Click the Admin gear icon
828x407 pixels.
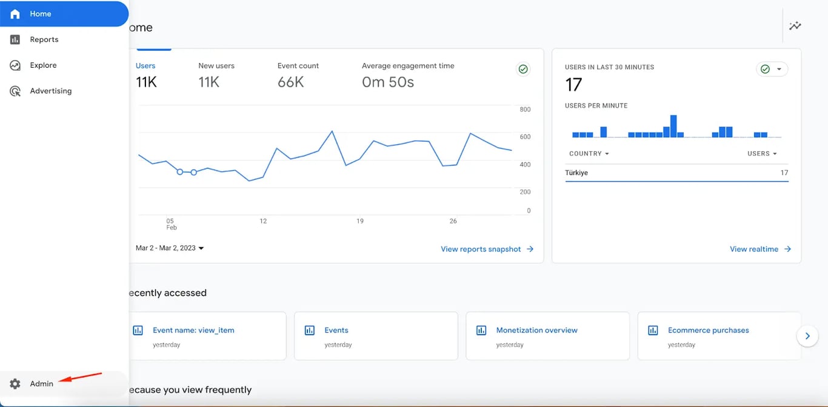pos(15,384)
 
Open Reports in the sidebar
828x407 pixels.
pos(44,39)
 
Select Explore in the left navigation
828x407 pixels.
pos(43,65)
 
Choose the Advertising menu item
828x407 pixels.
pos(50,91)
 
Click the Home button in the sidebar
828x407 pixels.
pos(40,14)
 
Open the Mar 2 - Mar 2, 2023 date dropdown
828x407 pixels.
pos(170,248)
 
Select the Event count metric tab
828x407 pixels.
pos(298,66)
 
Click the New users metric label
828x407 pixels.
pos(216,66)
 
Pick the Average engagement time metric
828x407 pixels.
pos(407,66)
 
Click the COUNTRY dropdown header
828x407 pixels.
pos(589,154)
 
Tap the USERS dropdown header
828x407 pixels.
pos(762,154)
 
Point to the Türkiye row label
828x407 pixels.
pos(576,173)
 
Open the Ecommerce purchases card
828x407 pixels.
pos(708,331)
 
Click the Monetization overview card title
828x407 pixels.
pos(536,331)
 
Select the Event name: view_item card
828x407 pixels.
pos(193,331)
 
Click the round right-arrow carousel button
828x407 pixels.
pos(807,336)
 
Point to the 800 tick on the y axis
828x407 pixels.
pos(525,110)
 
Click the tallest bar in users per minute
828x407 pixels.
pos(673,126)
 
